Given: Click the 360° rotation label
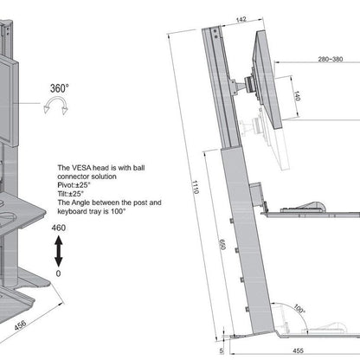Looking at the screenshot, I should [x=60, y=88].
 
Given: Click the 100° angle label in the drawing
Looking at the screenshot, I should [x=298, y=307].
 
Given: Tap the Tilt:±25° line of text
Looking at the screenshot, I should [x=73, y=193].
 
